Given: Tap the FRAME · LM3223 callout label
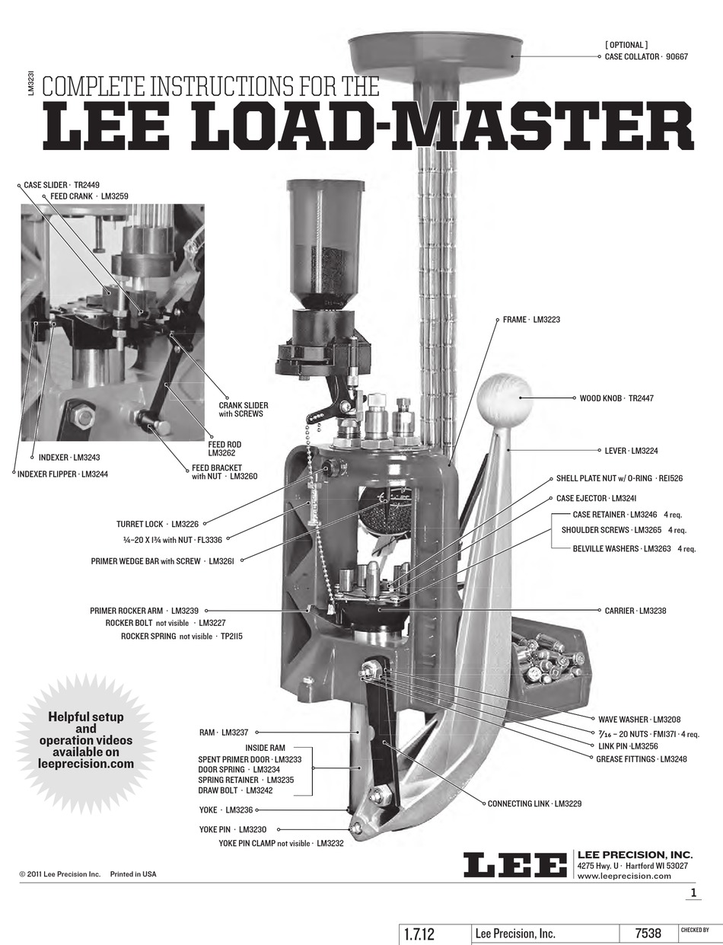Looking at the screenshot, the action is (531, 320).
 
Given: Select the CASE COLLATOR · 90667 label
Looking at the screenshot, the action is (646, 56).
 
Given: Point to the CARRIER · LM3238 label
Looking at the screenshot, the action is (635, 611).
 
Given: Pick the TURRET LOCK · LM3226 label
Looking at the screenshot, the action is (158, 524).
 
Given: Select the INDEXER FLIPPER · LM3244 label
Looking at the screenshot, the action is (63, 474).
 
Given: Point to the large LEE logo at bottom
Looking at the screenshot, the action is (515, 865).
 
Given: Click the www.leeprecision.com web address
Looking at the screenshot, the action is (624, 876).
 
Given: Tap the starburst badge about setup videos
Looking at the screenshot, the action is (86, 739).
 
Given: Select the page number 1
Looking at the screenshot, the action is (693, 893).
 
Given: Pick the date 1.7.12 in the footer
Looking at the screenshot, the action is (419, 934).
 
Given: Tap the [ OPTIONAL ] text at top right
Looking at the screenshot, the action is (626, 45).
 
